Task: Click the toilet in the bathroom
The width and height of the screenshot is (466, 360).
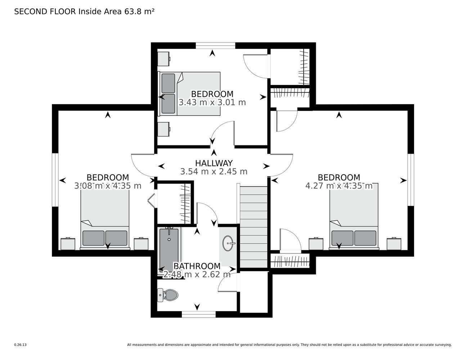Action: coord(168,295)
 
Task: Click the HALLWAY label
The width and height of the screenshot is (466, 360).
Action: coord(214,163)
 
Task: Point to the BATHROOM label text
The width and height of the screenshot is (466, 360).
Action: coord(197,266)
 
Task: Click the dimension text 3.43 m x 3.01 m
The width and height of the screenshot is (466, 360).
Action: coord(212,103)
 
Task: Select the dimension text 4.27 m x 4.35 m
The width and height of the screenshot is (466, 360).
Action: coord(339,185)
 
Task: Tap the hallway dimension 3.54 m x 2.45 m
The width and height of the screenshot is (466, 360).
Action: coord(214,171)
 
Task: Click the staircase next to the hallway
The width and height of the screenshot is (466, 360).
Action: coord(254,227)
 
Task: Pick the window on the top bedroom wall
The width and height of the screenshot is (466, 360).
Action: coord(215,46)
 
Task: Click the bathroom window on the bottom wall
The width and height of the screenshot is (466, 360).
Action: coord(198,314)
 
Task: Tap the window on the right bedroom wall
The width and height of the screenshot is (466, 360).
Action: coord(411,180)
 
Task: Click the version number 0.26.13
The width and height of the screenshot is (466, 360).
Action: coord(21,345)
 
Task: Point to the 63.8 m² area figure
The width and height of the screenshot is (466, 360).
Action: coord(139,12)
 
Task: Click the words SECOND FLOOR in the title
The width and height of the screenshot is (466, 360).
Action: coord(45,12)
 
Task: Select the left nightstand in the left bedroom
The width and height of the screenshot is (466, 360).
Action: coord(68,244)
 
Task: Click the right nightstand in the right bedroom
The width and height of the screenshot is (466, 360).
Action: coord(394,244)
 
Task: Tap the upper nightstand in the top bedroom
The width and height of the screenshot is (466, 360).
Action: coord(164,59)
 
